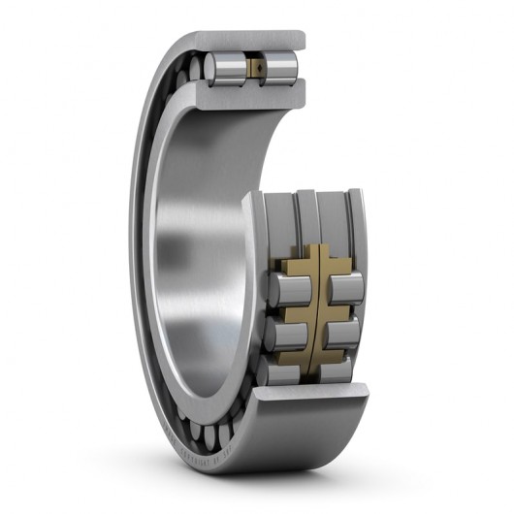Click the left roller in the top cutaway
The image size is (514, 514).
click(x=225, y=68)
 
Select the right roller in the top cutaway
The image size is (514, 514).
click(x=280, y=67)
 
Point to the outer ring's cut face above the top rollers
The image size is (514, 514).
click(x=252, y=42)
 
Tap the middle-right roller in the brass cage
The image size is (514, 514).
click(x=342, y=333)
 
